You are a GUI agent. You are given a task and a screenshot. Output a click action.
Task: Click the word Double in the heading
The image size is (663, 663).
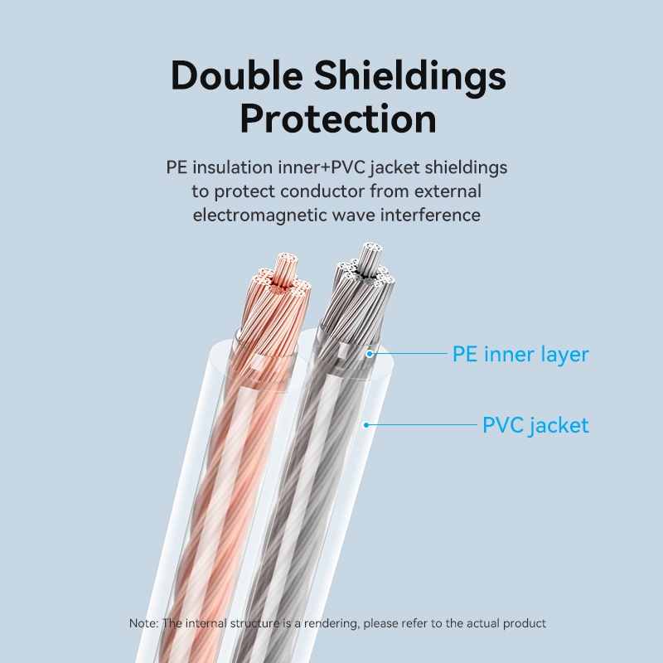tap(237, 75)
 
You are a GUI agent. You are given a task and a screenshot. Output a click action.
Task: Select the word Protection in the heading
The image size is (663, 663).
tap(338, 119)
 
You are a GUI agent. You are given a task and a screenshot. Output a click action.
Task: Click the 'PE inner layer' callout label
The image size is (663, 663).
tap(520, 355)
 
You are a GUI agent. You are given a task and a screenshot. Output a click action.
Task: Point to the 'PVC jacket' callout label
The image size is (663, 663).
tap(535, 425)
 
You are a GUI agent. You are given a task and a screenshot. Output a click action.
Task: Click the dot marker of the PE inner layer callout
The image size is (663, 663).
tap(370, 354)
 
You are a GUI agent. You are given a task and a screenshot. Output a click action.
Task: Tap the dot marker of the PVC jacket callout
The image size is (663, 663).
tap(366, 425)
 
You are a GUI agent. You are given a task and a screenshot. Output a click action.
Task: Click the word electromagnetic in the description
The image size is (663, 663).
tap(260, 215)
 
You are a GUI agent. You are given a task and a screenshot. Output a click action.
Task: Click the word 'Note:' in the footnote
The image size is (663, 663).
tap(143, 623)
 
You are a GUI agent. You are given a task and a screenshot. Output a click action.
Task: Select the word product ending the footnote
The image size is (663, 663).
tap(525, 624)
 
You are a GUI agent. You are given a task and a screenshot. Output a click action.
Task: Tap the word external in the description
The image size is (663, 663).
tap(448, 191)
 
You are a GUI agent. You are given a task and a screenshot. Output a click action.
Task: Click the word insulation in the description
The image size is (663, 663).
tap(233, 167)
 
